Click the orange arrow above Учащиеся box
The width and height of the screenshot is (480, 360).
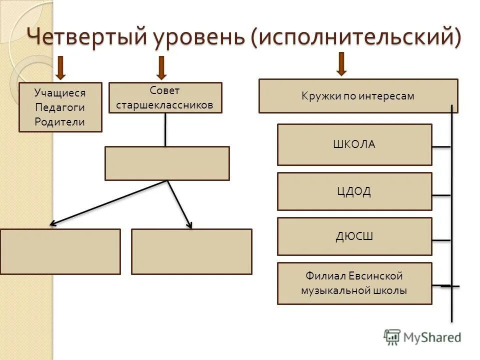[60, 68]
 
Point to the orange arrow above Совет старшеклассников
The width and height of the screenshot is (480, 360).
[161, 68]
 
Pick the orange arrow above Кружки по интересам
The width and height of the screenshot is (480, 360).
[341, 63]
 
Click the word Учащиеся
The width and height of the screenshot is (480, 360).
[60, 93]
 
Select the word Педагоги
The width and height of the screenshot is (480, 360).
[60, 107]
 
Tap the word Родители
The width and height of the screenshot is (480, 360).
[60, 122]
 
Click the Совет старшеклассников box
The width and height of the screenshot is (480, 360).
[165, 97]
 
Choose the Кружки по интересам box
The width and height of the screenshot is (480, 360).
[358, 96]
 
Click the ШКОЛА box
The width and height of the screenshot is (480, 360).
[354, 144]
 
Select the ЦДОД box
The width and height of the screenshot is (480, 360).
[354, 191]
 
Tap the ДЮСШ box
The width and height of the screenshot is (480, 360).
[354, 236]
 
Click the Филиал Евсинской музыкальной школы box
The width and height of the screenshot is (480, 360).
[354, 283]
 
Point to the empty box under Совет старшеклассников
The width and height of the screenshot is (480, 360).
[167, 163]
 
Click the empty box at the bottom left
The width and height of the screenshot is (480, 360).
[60, 251]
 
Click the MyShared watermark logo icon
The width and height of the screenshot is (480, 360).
[392, 337]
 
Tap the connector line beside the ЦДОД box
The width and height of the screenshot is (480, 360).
[441, 195]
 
